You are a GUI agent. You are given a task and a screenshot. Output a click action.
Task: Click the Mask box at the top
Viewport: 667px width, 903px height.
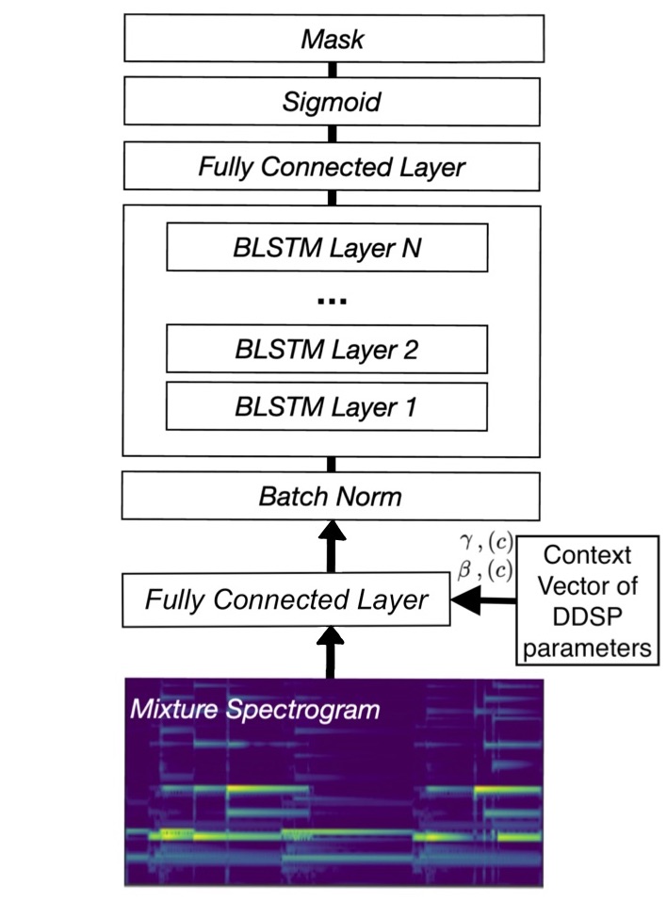point(332,39)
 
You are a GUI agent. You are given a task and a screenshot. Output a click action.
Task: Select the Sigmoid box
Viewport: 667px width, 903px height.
point(332,102)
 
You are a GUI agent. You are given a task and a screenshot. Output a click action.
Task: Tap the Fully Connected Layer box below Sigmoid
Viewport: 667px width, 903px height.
point(332,167)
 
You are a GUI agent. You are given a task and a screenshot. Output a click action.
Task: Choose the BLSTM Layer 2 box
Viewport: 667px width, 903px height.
point(327,350)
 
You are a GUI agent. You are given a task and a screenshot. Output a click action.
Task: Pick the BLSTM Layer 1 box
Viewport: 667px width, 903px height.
point(327,408)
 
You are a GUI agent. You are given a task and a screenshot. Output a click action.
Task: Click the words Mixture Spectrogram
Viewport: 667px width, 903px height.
point(254,708)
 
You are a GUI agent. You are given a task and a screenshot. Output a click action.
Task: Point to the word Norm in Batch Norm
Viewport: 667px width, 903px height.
point(370,496)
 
